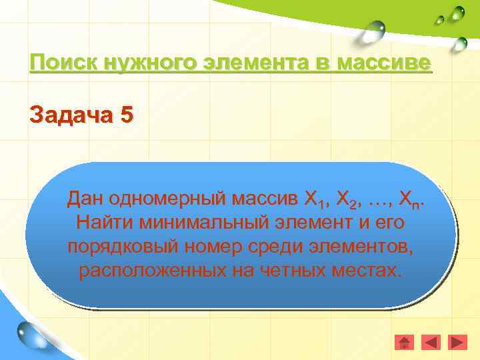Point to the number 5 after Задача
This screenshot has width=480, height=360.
pos(127,115)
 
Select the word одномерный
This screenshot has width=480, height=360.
pos(169,199)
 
